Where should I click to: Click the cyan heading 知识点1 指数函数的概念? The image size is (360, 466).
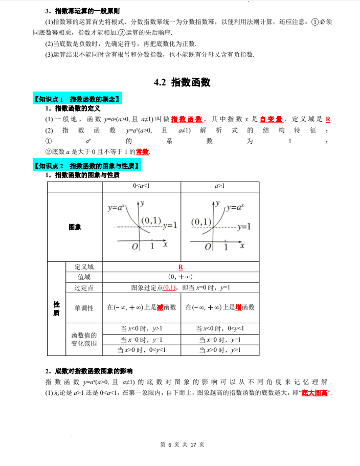coord(76,99)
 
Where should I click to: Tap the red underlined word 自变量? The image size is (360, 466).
coord(271,119)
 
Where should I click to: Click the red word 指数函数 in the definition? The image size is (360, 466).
coord(187,119)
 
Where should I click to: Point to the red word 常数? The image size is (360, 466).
coord(143,152)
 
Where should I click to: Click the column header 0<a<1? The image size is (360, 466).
coord(142,186)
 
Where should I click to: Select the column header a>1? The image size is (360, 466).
coord(220,186)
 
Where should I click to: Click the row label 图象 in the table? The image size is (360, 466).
coord(75,227)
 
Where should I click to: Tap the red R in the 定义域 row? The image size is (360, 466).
coord(181,267)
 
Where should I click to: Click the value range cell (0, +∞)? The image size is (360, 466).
coord(181,277)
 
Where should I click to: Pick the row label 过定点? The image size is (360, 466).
coord(84,287)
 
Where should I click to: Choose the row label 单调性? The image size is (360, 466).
coord(84,307)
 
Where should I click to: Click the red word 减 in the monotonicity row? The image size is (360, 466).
coord(160,307)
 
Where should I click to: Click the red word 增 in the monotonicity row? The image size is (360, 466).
coord(238,307)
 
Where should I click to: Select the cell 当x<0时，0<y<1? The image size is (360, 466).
coord(220,328)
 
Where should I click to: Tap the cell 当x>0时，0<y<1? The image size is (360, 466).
coord(142,350)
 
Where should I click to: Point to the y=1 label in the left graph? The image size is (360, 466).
coord(170,225)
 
